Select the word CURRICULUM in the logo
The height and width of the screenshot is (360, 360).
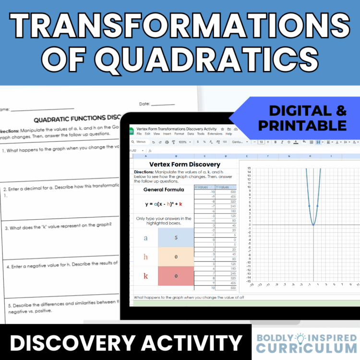[x=307, y=348]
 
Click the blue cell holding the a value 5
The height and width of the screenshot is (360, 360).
[x=176, y=237]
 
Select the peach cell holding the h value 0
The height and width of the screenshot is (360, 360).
[x=176, y=257]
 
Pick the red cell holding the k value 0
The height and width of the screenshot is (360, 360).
[x=176, y=276]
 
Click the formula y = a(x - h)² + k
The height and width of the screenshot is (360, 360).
[x=163, y=204]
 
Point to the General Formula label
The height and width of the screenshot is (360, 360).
[x=163, y=190]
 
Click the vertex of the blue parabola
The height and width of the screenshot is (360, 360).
[x=313, y=224]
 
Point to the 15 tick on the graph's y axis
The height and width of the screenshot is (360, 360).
[x=249, y=168]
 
